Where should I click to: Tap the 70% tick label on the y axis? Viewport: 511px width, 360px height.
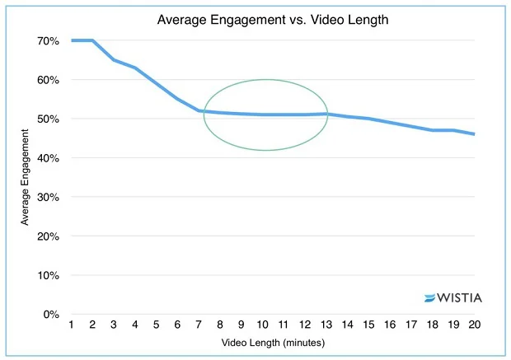(x=46, y=40)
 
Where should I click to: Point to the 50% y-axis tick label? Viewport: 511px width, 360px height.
(x=46, y=119)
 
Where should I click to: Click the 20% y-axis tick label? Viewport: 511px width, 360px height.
(x=46, y=236)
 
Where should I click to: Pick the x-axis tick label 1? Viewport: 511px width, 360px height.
(x=72, y=325)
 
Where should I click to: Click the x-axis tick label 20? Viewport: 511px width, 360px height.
(x=474, y=325)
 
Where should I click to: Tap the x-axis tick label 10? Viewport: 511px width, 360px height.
(x=262, y=325)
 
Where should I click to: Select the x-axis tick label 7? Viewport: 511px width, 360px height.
(x=199, y=325)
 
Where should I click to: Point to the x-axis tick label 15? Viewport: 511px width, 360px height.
(x=368, y=325)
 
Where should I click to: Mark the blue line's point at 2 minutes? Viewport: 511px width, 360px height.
(x=93, y=40)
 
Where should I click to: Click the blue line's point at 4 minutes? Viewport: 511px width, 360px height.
(x=135, y=68)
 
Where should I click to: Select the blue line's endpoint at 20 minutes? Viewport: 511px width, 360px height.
(x=474, y=134)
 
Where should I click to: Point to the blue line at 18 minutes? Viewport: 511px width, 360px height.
(x=432, y=130)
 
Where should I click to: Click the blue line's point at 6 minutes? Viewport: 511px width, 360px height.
(x=178, y=99)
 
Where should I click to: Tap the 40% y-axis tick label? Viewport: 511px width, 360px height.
(x=46, y=158)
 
